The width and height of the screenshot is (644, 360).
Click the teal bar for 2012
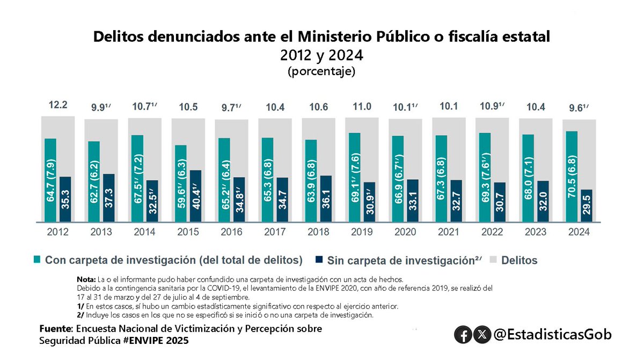[50, 180]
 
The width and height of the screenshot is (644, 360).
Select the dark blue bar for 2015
[196, 196]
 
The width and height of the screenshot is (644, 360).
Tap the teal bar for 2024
[572, 176]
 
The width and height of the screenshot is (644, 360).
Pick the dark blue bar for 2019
[369, 202]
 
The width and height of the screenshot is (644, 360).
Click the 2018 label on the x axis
[318, 232]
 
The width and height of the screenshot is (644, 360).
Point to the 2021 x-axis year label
[448, 232]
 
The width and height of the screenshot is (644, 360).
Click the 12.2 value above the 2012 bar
[58, 106]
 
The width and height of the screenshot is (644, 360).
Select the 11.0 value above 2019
[362, 107]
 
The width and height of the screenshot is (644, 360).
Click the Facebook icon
[463, 335]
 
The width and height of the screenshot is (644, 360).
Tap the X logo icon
[483, 335]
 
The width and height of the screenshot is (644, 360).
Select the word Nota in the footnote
[86, 279]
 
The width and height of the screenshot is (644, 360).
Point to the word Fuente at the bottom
[56, 328]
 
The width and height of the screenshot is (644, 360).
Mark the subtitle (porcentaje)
[321, 71]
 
